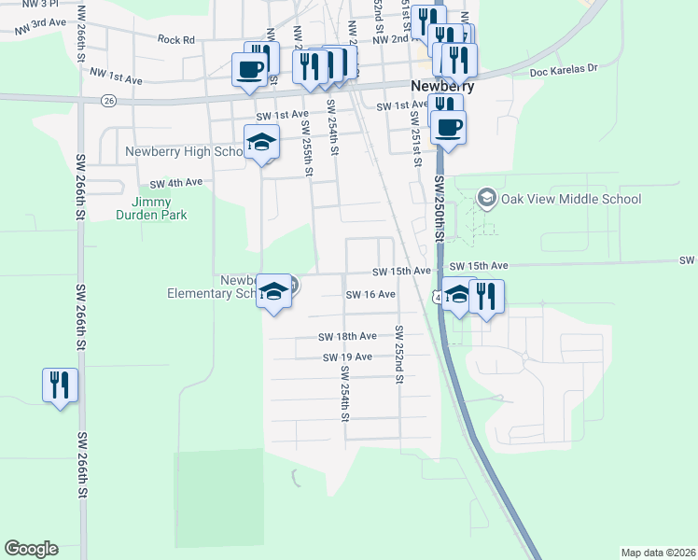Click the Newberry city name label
point(443,86)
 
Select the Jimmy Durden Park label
point(159,208)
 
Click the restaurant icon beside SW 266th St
point(60,384)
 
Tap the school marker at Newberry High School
point(262,143)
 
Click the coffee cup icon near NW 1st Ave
point(249,68)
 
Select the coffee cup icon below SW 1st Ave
point(449,127)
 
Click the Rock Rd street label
point(175,40)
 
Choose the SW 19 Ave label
point(347,357)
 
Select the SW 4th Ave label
point(175,183)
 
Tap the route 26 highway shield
point(110,100)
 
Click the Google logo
point(31,549)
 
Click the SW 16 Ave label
point(370,294)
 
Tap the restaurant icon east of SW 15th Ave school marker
point(487,296)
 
